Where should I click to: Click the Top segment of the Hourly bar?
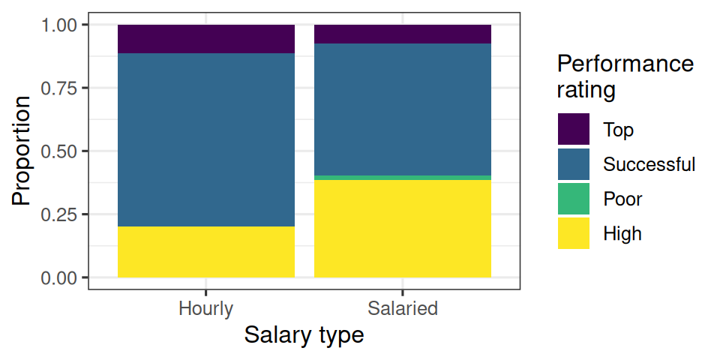pos(206,39)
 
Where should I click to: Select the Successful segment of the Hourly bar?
pos(206,140)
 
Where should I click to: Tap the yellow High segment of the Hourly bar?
pos(206,252)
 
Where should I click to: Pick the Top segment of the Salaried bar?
pos(403,34)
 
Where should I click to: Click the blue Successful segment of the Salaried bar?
pos(403,109)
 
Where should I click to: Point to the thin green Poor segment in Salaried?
pos(403,178)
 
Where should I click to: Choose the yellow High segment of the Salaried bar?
pos(403,229)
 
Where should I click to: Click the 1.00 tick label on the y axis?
pos(59,25)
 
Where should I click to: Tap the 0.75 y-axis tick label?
pos(59,88)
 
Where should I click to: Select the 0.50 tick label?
pos(59,151)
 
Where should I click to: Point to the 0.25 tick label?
pos(59,214)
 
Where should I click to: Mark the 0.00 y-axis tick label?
pos(59,277)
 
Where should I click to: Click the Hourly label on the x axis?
pos(205,308)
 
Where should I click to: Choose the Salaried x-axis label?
pos(403,308)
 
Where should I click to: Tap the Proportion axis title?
pos(22,151)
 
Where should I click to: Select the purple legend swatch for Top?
pos(574,129)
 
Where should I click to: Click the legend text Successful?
pos(649,164)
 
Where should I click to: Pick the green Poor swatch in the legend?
pos(574,198)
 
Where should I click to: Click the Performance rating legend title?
pos(625,76)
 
